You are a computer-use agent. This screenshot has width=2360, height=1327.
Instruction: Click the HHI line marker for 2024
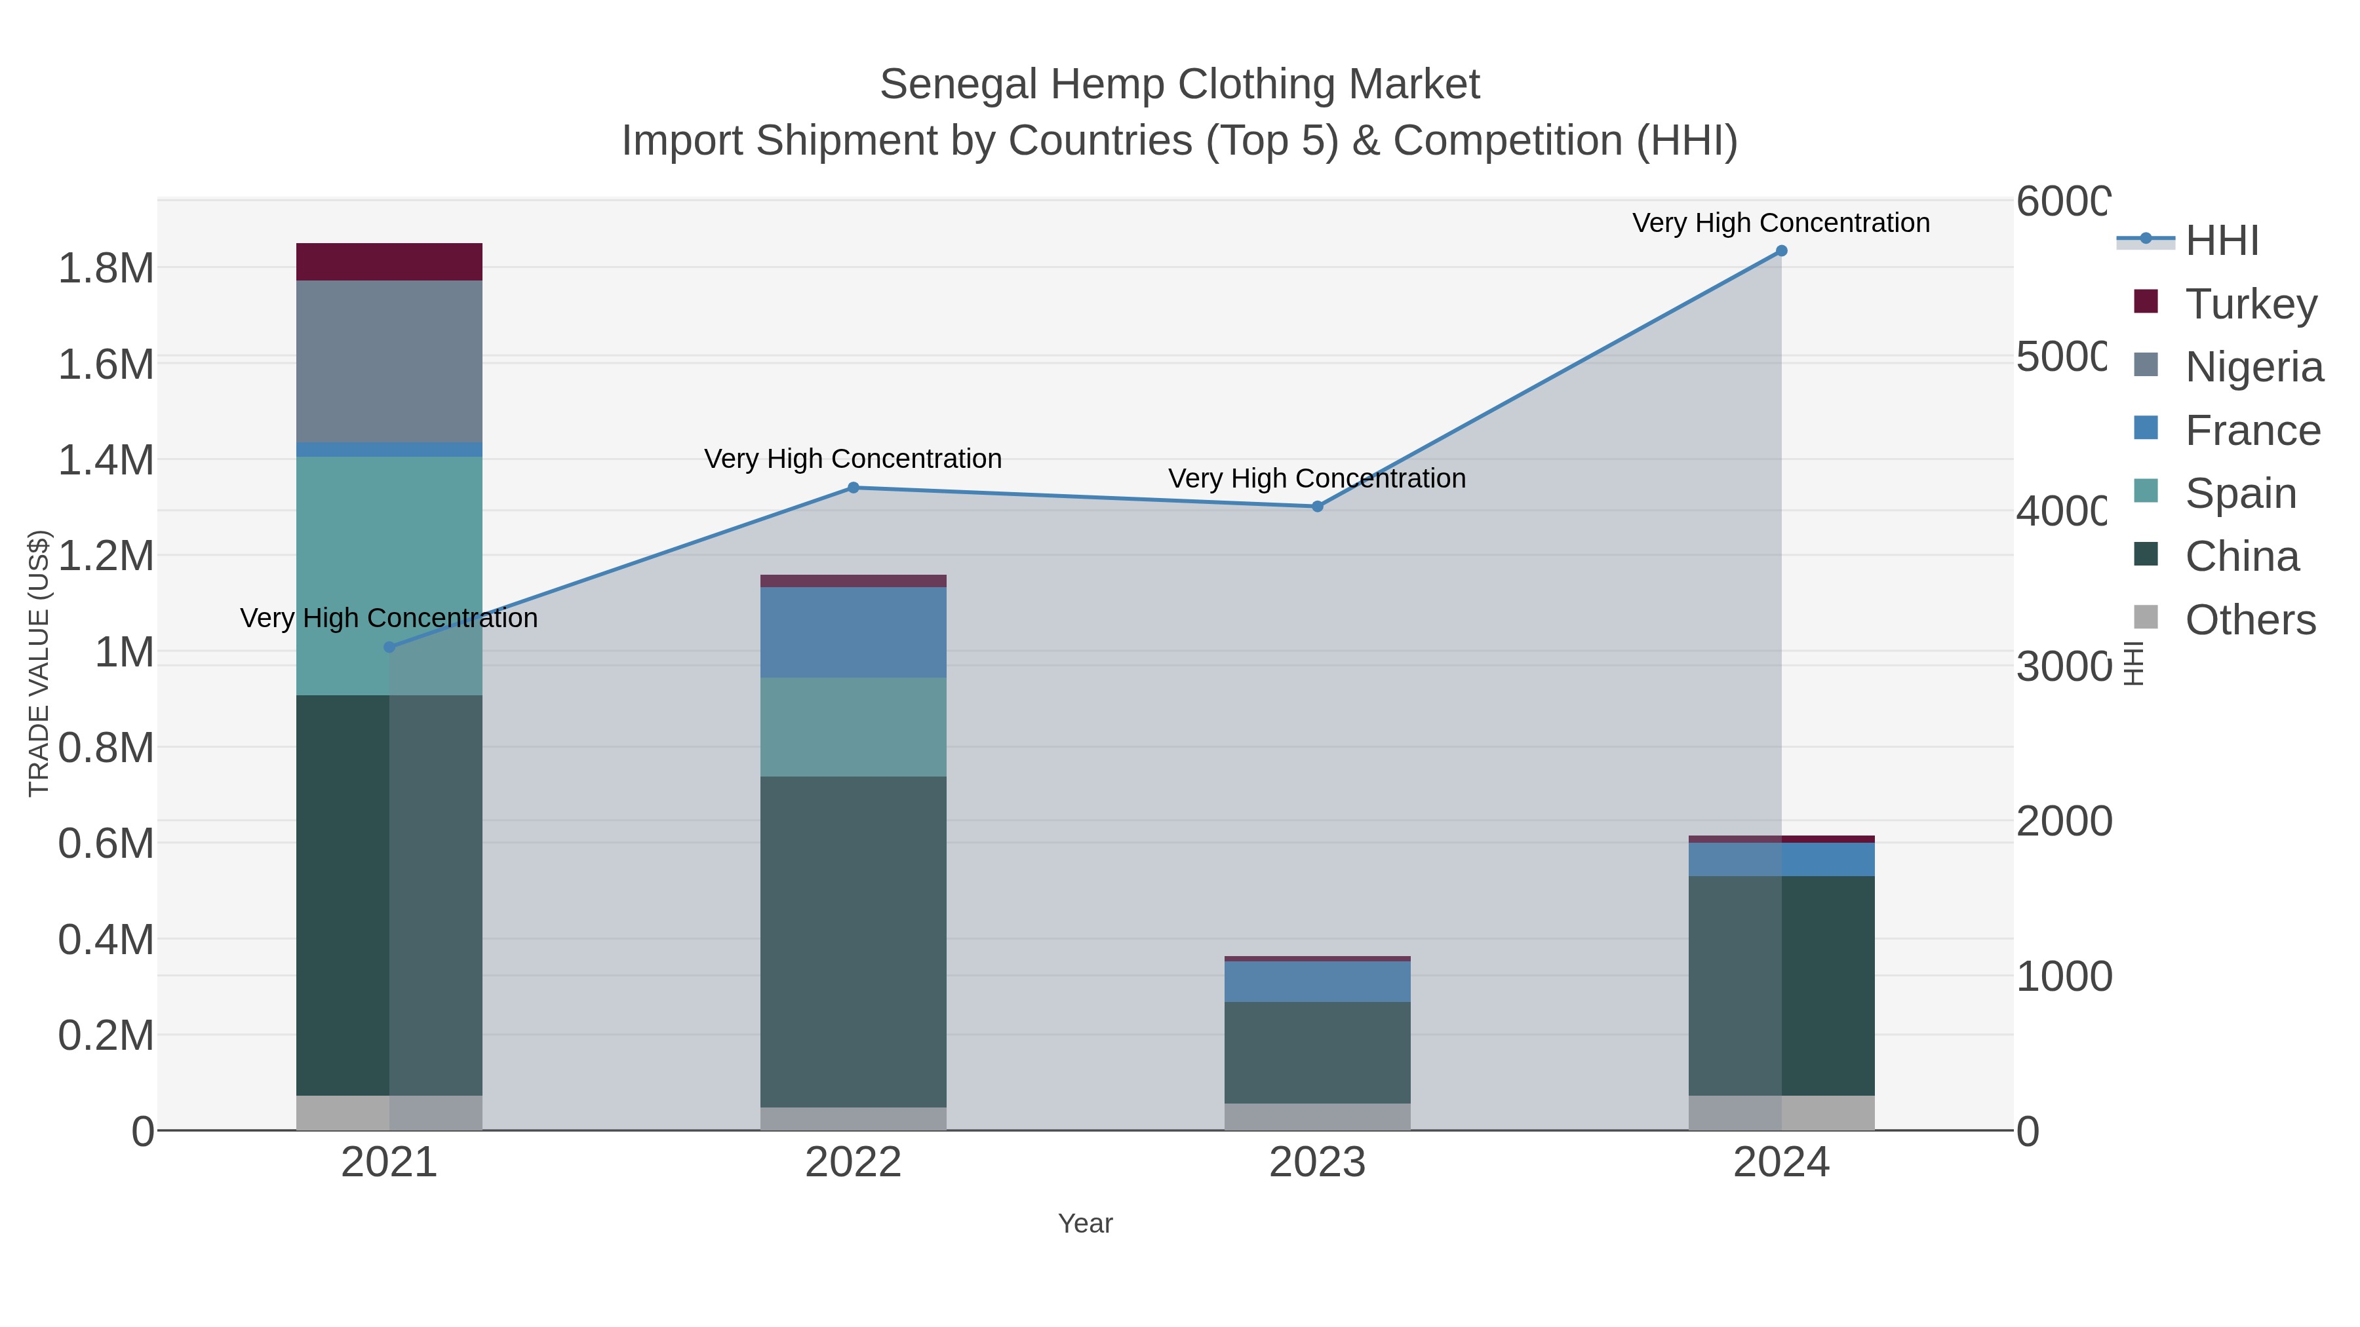(x=1781, y=251)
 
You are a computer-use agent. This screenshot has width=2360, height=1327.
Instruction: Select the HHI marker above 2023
(x=1318, y=507)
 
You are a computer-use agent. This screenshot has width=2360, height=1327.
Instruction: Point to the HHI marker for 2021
(x=389, y=647)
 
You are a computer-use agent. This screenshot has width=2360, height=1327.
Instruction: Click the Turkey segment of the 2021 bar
(x=389, y=262)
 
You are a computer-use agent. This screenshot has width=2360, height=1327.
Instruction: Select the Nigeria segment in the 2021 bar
(x=389, y=361)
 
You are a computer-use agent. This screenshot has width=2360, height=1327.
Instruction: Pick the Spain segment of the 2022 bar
(x=853, y=727)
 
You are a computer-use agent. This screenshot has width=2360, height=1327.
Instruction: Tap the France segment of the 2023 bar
(x=1318, y=981)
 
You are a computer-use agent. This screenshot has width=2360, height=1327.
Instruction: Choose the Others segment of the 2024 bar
(x=1781, y=1113)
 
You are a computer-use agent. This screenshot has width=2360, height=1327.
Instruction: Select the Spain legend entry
(x=2240, y=493)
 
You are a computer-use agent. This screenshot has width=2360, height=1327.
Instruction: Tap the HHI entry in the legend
(x=2222, y=241)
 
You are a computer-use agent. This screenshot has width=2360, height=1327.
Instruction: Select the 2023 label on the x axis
(x=1318, y=1163)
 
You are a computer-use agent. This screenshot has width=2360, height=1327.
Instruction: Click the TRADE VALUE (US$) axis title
(x=39, y=663)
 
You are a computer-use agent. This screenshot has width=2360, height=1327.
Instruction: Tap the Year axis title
(x=1085, y=1223)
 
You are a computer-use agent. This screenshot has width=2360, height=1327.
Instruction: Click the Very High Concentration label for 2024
(x=1781, y=223)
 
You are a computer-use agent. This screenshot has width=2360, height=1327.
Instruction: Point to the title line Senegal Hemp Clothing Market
(x=1179, y=85)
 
